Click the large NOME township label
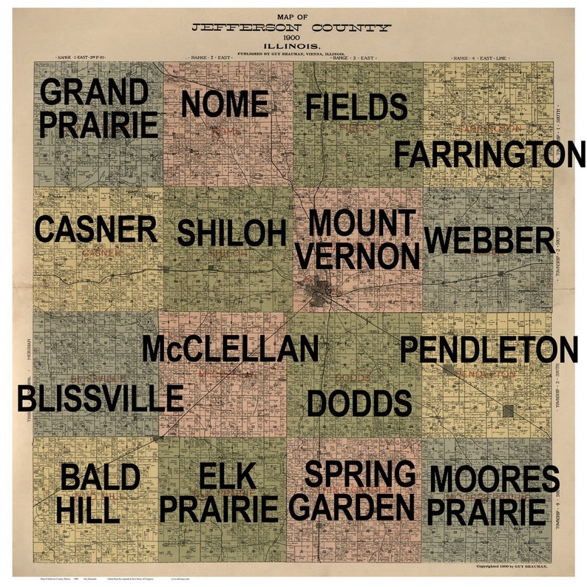pyautogui.click(x=225, y=104)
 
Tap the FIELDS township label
pyautogui.click(x=356, y=107)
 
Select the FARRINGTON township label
pyautogui.click(x=489, y=155)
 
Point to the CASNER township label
pyautogui.click(x=96, y=229)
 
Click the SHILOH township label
pyautogui.click(x=231, y=233)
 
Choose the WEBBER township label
pyautogui.click(x=489, y=240)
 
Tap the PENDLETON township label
pyautogui.click(x=489, y=350)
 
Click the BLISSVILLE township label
pyautogui.click(x=101, y=398)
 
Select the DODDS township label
pyautogui.click(x=359, y=403)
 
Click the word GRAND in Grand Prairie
pyautogui.click(x=94, y=92)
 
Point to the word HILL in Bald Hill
pyautogui.click(x=87, y=509)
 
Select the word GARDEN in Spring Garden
pyautogui.click(x=352, y=508)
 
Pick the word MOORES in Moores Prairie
pyautogui.click(x=494, y=478)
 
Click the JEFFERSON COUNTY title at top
pyautogui.click(x=291, y=28)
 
